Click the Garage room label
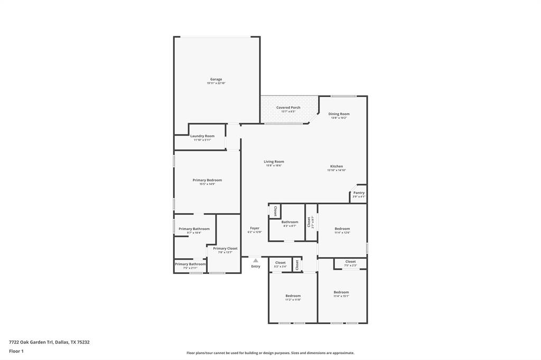[x=216, y=80]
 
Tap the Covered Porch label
[x=288, y=108]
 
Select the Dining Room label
[x=339, y=114]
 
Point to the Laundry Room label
[x=202, y=136]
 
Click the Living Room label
[x=274, y=162]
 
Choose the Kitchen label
[x=337, y=166]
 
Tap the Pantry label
[x=359, y=193]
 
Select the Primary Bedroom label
[x=207, y=181]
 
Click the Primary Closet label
[x=225, y=249]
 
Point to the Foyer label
[x=255, y=229]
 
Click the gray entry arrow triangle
[x=256, y=260]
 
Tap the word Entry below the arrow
[x=256, y=266]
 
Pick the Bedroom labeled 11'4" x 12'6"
[x=342, y=229]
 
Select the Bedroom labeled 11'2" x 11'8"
[x=293, y=296]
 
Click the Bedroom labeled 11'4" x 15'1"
[x=341, y=292]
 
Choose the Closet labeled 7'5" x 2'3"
[x=351, y=262]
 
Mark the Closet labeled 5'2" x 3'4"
[x=281, y=263]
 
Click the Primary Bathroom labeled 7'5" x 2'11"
[x=190, y=264]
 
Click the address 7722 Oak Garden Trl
[x=49, y=342]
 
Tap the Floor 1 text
[x=16, y=351]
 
